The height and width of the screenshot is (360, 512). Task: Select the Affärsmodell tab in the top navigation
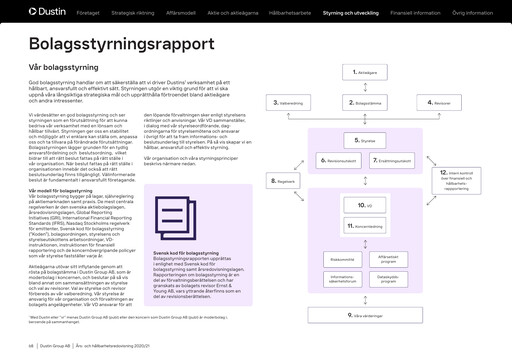(207, 14)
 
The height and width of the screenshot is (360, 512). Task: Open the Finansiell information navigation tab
(414, 14)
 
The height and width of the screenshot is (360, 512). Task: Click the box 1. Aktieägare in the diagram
(366, 73)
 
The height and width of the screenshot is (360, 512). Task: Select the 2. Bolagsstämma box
(366, 103)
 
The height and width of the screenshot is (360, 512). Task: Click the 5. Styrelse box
(366, 142)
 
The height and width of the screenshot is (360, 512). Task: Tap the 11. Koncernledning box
(366, 226)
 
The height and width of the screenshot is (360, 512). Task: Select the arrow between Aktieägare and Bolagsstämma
(366, 88)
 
